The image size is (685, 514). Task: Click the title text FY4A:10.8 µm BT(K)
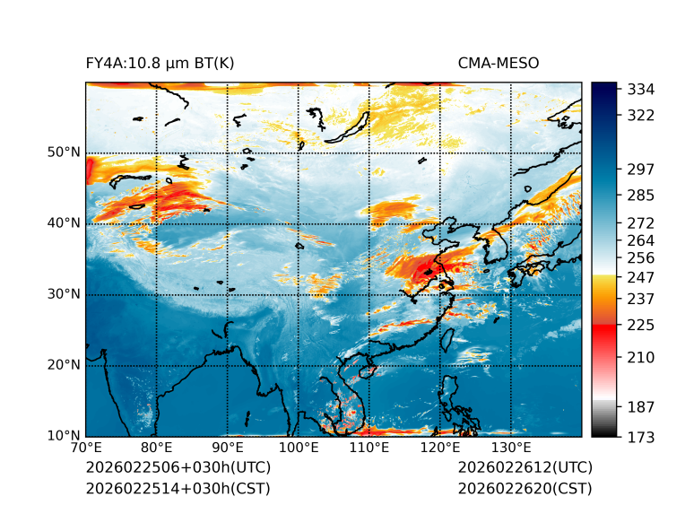click(x=160, y=63)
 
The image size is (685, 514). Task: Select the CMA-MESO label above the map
click(x=498, y=63)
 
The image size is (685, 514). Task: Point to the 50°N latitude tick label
click(x=63, y=152)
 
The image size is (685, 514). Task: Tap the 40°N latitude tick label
click(x=63, y=223)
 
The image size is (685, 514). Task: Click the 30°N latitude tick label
click(x=63, y=294)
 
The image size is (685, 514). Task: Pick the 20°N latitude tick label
click(x=63, y=365)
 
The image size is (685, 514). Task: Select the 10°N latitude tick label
click(x=63, y=436)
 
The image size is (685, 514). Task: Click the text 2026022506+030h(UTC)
click(x=178, y=467)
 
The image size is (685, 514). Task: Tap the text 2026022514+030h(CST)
click(x=178, y=489)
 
